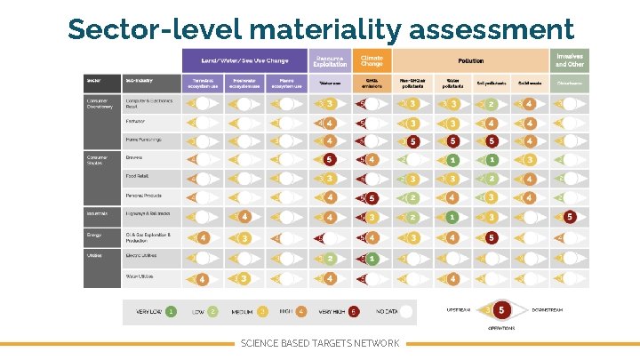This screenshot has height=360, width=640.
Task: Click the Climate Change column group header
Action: click(372, 60)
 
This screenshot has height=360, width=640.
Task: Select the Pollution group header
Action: click(470, 60)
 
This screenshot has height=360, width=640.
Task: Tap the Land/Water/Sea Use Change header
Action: click(244, 60)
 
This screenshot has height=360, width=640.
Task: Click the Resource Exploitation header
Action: click(330, 60)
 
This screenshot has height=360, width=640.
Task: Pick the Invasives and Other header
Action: click(569, 60)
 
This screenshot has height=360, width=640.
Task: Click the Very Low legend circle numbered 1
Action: click(170, 312)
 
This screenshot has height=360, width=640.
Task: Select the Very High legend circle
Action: click(355, 312)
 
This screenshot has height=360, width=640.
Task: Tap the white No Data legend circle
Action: click(405, 312)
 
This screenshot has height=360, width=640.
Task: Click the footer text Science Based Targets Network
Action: click(320, 343)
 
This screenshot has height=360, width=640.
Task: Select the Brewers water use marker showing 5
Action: click(330, 161)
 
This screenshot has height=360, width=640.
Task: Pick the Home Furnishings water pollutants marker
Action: click(453, 141)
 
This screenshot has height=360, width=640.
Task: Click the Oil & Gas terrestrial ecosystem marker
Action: click(204, 237)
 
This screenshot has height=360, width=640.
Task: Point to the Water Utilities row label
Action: click(141, 277)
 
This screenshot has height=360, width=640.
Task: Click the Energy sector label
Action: click(94, 236)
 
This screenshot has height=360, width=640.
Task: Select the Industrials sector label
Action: click(97, 214)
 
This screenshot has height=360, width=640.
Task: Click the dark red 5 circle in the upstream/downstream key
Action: click(502, 310)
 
